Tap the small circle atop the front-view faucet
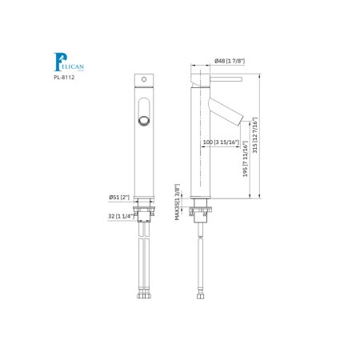pos(144,80)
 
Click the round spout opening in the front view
pos(144,120)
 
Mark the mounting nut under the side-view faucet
pos(202,213)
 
